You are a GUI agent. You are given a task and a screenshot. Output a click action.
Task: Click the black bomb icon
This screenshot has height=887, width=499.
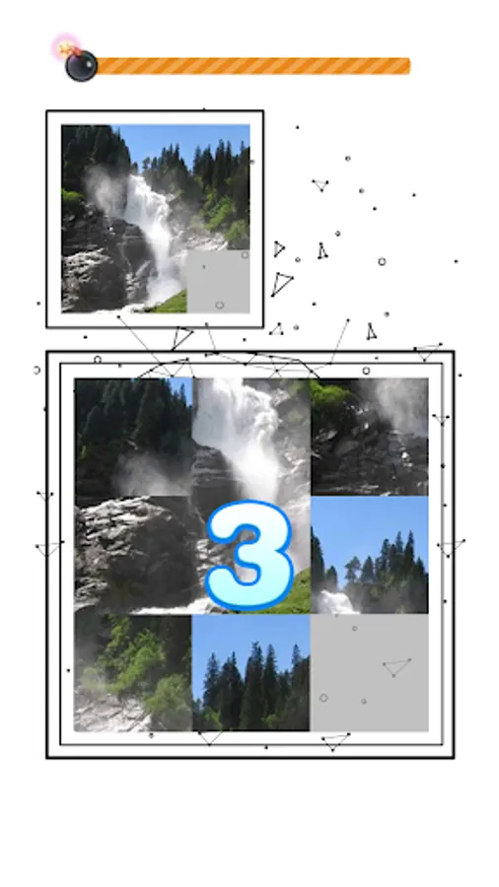click(82, 66)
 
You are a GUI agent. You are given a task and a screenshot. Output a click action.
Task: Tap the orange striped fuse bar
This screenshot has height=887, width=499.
click(252, 66)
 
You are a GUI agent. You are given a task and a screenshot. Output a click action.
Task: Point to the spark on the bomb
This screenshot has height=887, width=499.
click(66, 47)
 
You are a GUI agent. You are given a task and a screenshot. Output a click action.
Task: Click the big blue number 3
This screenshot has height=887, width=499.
click(249, 555)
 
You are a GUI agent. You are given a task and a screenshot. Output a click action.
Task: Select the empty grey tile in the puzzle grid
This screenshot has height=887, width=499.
click(369, 672)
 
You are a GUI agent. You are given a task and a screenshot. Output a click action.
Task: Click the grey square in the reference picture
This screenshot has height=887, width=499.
click(218, 281)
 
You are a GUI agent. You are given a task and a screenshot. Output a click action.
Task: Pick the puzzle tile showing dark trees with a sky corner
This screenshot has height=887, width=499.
click(133, 437)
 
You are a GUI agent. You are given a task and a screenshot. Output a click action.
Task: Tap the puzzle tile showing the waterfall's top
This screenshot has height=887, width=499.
click(250, 437)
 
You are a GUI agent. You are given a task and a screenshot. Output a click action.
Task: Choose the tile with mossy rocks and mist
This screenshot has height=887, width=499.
click(369, 437)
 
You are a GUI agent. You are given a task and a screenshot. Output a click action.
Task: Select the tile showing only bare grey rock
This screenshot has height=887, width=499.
click(133, 555)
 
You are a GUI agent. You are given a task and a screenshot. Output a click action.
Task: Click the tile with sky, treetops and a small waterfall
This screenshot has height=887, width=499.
click(369, 555)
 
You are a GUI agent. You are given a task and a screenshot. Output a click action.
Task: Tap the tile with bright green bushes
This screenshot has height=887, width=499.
click(133, 672)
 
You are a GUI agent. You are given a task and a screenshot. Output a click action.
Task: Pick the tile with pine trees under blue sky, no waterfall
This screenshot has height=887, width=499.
click(250, 672)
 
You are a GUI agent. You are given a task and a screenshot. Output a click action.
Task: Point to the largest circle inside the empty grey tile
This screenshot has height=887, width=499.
click(323, 698)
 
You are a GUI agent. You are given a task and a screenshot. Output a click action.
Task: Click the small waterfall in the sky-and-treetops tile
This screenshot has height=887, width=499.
click(335, 602)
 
